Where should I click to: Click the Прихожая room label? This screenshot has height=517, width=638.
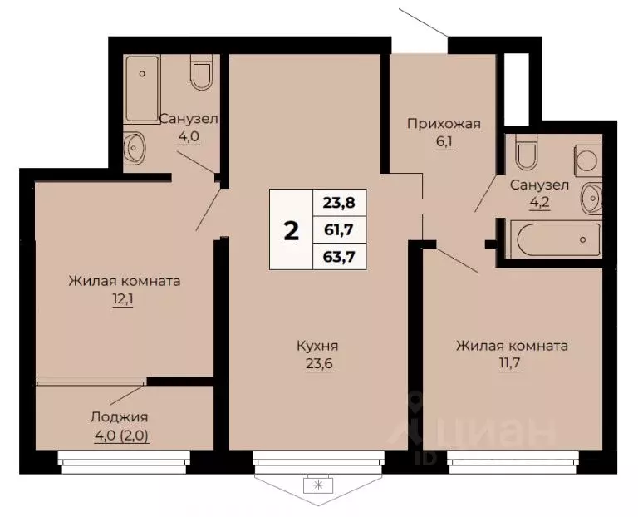(x=444, y=125)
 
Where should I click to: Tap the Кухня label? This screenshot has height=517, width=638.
(x=318, y=346)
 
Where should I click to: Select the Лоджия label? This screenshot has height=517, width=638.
(x=125, y=417)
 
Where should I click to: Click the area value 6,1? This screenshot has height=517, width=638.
(x=444, y=142)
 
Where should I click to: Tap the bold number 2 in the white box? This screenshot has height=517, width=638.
(x=291, y=231)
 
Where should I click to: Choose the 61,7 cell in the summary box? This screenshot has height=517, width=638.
(x=339, y=229)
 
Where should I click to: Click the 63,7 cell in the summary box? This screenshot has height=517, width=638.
(x=339, y=256)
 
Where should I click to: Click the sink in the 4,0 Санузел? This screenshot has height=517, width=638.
(x=135, y=149)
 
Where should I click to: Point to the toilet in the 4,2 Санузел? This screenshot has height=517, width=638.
(x=525, y=154)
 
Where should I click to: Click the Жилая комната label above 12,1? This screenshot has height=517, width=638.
(x=125, y=281)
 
